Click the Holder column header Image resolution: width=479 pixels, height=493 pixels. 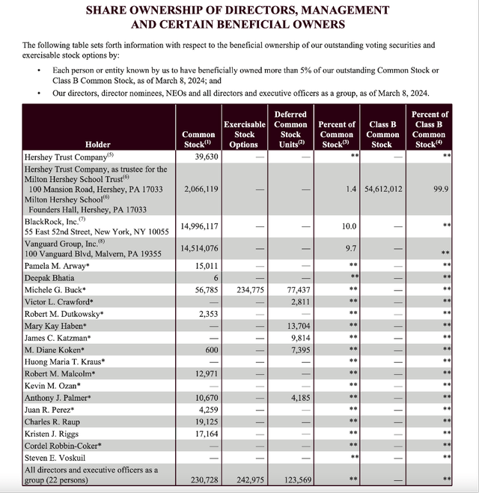[97, 145]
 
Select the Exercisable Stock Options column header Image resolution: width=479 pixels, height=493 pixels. [245, 134]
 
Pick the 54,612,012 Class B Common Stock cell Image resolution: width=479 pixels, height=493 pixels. [382, 190]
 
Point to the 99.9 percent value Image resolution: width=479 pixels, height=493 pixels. [441, 190]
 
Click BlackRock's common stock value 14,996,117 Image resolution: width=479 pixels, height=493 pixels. [199, 226]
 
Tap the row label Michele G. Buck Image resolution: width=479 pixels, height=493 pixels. [56, 289]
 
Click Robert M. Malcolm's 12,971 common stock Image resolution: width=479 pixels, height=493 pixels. [203, 373]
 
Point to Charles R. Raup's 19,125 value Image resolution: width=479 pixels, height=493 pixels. [203, 421]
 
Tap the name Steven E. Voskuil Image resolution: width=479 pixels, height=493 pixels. [55, 457]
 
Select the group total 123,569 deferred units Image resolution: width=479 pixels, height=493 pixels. [291, 479]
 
